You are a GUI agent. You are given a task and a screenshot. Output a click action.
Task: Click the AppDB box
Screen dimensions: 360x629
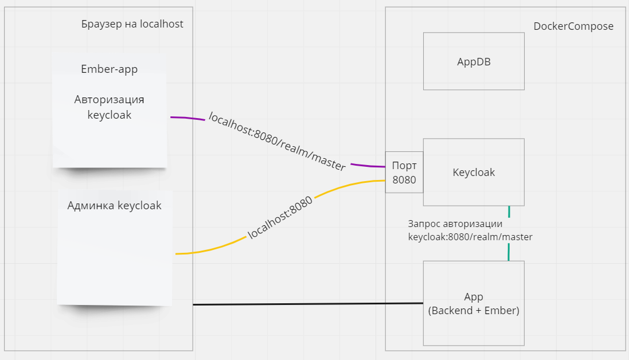pos(474,61)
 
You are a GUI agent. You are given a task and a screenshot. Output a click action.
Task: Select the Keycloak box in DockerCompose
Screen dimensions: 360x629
pos(474,172)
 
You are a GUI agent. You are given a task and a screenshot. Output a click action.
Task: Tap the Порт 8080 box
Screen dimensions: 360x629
pos(404,172)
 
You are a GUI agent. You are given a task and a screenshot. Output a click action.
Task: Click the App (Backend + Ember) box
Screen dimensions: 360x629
pos(474,304)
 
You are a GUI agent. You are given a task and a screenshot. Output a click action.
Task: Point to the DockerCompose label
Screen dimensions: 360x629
pos(573,26)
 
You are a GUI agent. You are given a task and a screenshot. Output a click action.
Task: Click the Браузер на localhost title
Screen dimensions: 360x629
pos(132,24)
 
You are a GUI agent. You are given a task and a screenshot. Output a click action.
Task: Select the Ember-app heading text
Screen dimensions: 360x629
pos(109,69)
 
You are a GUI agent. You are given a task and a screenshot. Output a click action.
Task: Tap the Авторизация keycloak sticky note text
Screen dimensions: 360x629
pos(109,107)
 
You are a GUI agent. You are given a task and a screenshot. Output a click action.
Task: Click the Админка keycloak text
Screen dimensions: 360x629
pos(114,205)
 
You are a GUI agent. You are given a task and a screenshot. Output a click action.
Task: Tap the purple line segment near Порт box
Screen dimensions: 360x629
pos(367,166)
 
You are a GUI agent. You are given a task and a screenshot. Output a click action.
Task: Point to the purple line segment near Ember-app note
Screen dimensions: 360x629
pos(187,118)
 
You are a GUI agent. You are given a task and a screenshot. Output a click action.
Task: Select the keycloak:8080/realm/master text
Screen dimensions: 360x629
pos(470,237)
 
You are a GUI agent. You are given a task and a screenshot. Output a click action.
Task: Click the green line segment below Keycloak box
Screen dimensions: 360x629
pos(509,212)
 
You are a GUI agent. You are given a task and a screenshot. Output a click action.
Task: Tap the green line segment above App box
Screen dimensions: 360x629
pos(509,252)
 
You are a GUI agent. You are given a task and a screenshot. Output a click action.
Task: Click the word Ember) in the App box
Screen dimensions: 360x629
pos(502,311)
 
